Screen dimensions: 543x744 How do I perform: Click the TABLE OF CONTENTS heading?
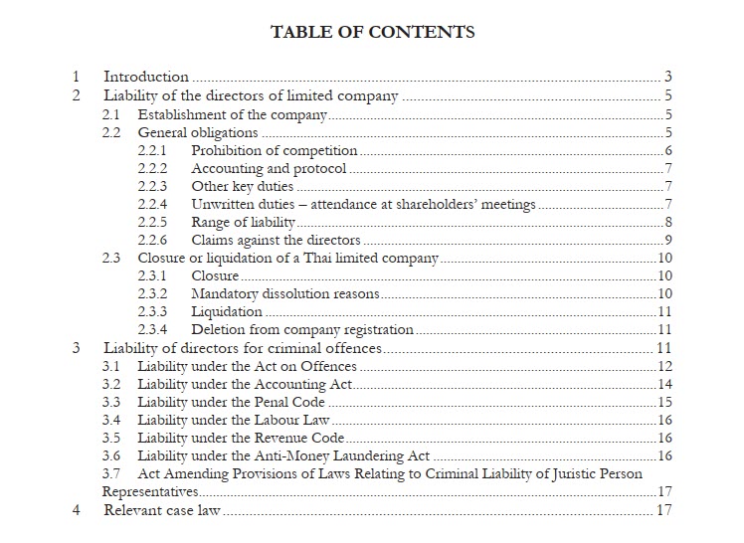tap(372, 32)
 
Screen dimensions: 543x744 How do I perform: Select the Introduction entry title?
tap(146, 77)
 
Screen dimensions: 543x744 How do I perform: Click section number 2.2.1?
tap(152, 151)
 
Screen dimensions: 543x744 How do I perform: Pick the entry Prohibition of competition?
tap(274, 151)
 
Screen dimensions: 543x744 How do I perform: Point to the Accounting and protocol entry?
tap(269, 169)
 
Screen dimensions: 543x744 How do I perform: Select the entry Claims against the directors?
tap(276, 240)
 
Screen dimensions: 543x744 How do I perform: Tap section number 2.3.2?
tap(152, 294)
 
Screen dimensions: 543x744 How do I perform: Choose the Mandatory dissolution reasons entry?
tap(284, 294)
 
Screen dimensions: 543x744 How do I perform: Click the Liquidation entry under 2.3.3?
tap(227, 312)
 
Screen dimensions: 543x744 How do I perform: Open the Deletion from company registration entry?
tap(302, 330)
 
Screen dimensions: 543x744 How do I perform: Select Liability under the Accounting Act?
tap(246, 384)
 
